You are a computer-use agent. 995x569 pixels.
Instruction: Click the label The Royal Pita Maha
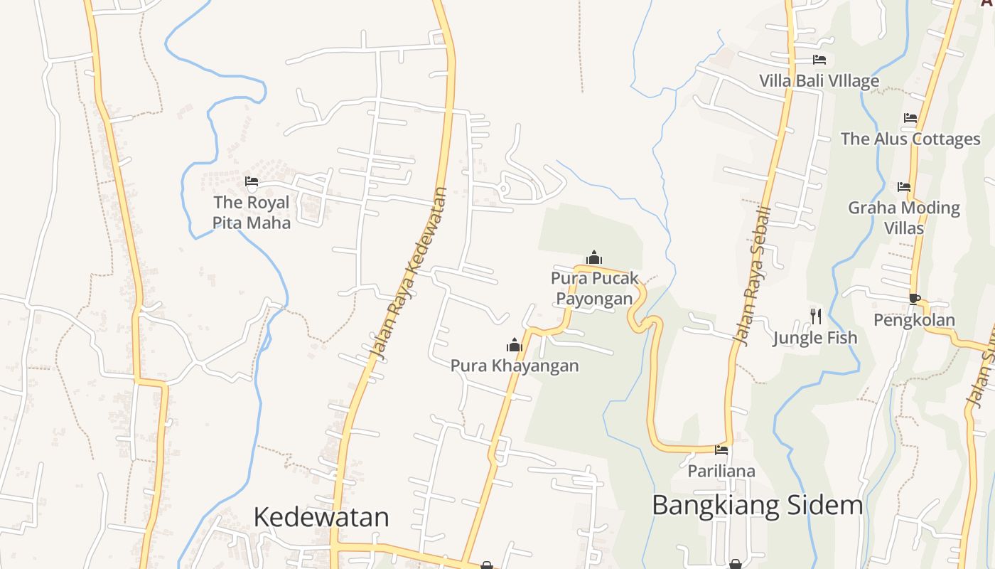[x=252, y=213]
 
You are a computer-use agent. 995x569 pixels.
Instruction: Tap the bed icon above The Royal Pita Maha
[x=251, y=181]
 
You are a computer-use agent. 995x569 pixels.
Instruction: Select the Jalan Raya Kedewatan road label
[x=409, y=274]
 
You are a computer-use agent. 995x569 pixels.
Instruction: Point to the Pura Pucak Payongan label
[x=595, y=288]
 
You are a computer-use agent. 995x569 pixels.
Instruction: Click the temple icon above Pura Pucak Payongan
[x=594, y=257]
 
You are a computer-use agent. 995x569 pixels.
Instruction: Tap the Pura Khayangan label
[x=515, y=366]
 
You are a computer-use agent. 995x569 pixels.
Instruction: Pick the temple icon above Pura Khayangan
[x=514, y=346]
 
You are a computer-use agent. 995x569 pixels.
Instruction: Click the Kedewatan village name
[x=321, y=517]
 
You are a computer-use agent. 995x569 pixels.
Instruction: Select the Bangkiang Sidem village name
[x=757, y=506]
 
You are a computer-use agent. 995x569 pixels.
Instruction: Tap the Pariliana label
[x=721, y=471]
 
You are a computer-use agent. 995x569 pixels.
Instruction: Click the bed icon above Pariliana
[x=721, y=450]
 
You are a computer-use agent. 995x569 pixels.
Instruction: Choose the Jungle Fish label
[x=815, y=338]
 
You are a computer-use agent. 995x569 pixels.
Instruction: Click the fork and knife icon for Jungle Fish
[x=815, y=316]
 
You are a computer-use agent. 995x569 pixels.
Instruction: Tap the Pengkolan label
[x=914, y=320]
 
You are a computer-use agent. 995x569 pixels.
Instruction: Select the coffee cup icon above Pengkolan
[x=914, y=299]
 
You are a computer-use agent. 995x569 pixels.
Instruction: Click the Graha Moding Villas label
[x=904, y=218]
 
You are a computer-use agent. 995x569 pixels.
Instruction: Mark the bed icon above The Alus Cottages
[x=910, y=118]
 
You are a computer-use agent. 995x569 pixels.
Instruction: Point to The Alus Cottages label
[x=910, y=139]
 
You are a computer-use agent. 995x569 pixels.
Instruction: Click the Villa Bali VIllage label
[x=819, y=80]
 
